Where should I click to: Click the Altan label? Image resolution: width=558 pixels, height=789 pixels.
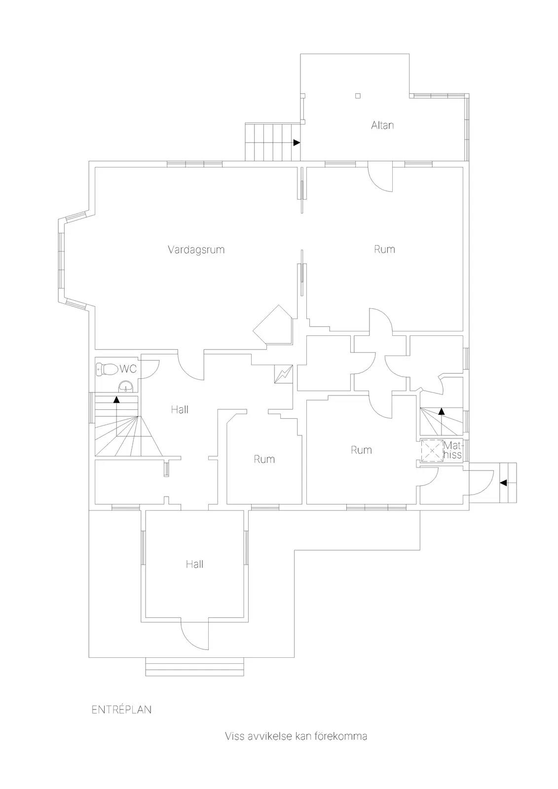click(x=382, y=125)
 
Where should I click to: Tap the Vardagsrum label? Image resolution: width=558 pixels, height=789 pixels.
click(x=196, y=250)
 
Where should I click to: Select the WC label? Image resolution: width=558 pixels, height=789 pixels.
click(x=128, y=369)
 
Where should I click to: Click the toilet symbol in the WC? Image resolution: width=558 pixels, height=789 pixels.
click(x=107, y=369)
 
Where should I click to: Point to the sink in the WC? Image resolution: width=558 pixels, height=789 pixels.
click(x=126, y=387)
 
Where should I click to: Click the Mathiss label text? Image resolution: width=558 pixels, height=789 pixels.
click(x=452, y=450)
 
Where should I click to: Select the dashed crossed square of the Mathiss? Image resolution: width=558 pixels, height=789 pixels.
click(x=432, y=450)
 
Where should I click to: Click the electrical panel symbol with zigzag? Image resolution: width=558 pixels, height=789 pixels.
click(x=283, y=374)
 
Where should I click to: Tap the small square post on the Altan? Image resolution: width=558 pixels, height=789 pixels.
click(x=358, y=95)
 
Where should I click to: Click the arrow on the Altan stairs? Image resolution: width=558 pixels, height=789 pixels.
click(x=297, y=143)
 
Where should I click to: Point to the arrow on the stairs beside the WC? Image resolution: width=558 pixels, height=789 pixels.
click(x=116, y=399)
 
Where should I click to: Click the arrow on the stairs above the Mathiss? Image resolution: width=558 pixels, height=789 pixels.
click(x=441, y=411)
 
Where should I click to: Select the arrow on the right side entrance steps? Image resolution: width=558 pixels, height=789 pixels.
click(x=504, y=483)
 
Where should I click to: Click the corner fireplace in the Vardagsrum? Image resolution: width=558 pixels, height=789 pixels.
click(x=273, y=325)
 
